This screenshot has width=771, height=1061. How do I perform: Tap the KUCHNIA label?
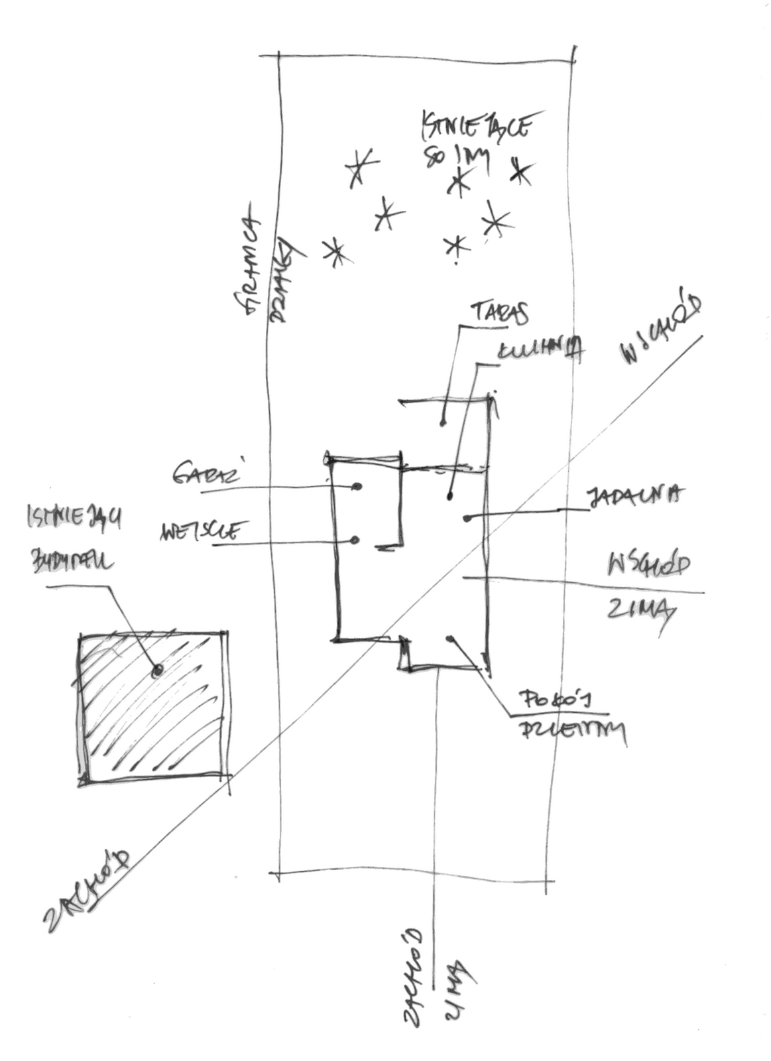[x=539, y=351]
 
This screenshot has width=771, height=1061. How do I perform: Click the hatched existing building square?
[x=154, y=708]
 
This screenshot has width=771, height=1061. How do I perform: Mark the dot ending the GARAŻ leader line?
[x=357, y=487]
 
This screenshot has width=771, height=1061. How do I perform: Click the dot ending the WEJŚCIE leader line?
[x=355, y=540]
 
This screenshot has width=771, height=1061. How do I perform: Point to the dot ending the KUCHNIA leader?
[x=450, y=496]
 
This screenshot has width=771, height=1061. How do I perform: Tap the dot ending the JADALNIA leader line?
[x=467, y=518]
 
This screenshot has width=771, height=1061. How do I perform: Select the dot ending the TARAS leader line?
[x=443, y=422]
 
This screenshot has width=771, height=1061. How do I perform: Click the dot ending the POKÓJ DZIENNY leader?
[x=450, y=639]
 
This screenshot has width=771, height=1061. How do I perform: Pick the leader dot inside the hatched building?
[x=157, y=671]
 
